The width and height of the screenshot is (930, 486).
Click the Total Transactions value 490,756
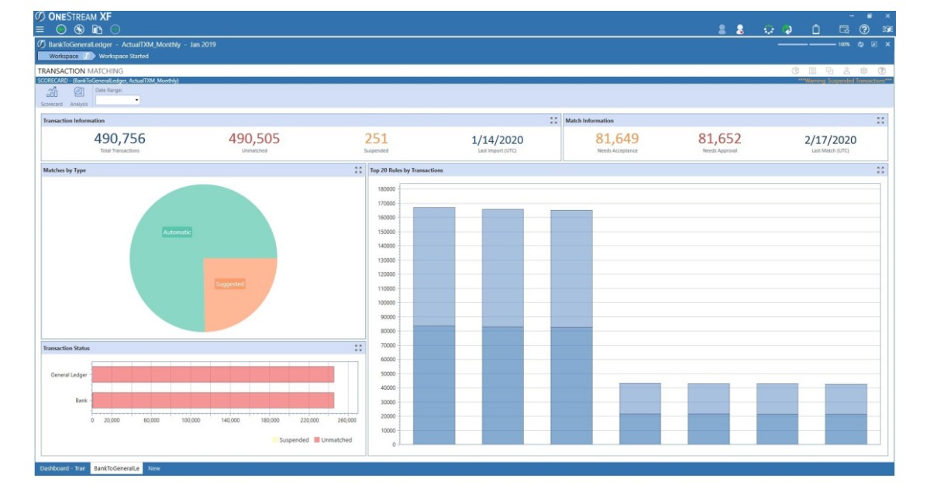(119, 139)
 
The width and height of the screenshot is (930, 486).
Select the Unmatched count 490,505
(253, 139)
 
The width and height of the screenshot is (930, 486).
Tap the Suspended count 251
(376, 139)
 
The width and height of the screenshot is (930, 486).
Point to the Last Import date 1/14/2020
(498, 140)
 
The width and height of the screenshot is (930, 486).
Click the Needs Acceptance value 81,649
(616, 139)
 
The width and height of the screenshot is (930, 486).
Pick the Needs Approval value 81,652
(719, 139)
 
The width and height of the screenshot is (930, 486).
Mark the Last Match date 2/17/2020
(831, 140)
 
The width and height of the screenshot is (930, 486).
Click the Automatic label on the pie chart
(177, 232)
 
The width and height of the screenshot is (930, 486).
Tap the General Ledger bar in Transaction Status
(212, 374)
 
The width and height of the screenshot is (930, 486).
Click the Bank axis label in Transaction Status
(81, 401)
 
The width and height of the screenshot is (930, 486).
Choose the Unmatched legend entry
(332, 440)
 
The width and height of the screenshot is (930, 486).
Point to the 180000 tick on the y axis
(386, 188)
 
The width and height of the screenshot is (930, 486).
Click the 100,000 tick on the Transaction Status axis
(191, 420)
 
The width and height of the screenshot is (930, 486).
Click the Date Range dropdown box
(117, 100)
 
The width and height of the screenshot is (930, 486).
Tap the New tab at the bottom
(154, 468)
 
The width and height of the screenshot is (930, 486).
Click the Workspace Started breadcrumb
(123, 56)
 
